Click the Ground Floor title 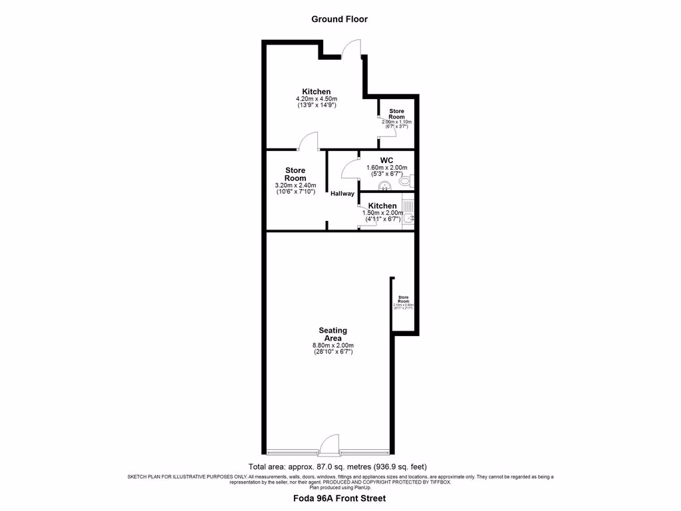(339, 19)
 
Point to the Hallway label (342, 194)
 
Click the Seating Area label (333, 334)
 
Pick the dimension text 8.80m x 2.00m (333, 345)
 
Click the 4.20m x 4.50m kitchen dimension (317, 99)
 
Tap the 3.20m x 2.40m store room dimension (295, 186)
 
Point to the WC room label (387, 160)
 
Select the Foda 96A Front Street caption (339, 498)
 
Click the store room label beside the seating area (404, 299)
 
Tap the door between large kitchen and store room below (308, 142)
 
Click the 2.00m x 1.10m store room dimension (396, 122)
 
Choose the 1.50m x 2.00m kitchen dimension (382, 213)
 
